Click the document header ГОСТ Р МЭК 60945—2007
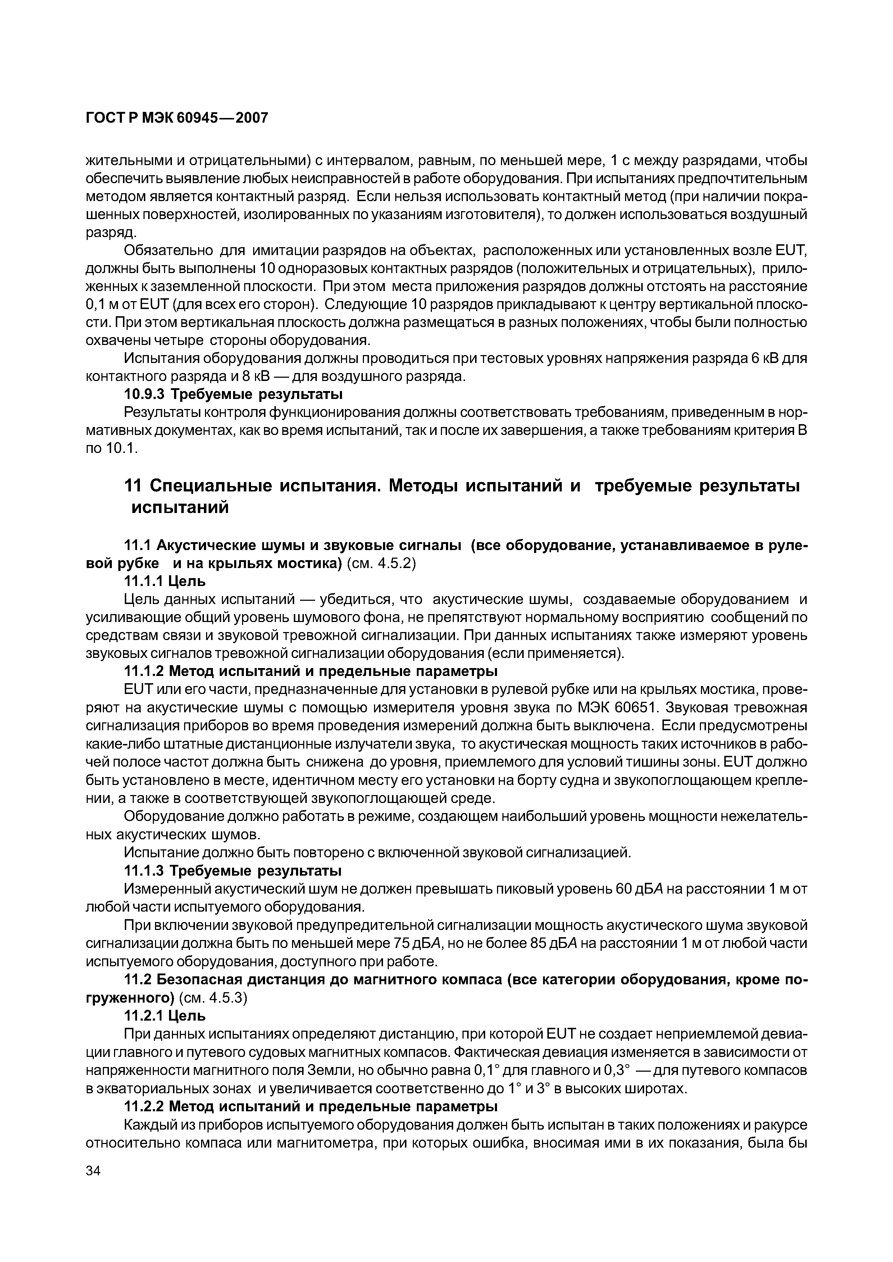(177, 118)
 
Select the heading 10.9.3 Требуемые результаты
(233, 394)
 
